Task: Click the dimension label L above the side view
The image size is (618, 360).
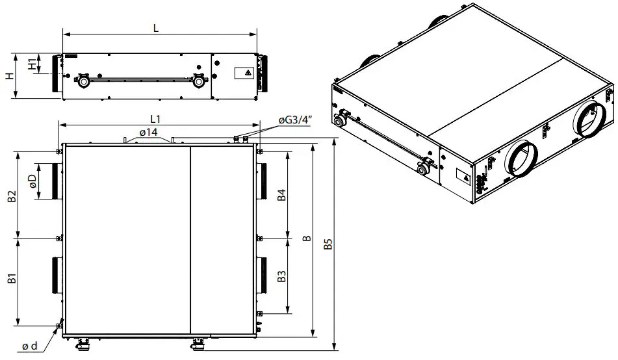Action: [x=156, y=29]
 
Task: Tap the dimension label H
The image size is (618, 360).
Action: [x=8, y=76]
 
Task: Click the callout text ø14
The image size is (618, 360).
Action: [x=148, y=133]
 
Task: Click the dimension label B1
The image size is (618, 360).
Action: [x=11, y=280]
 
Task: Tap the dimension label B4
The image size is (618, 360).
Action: [x=281, y=196]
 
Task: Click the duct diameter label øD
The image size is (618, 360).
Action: [x=32, y=182]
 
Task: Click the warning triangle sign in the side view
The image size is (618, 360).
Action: [x=248, y=73]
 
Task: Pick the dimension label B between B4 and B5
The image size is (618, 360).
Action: [x=305, y=238]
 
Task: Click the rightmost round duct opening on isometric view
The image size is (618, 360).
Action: [x=592, y=119]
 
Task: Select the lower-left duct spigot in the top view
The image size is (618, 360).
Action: [x=55, y=276]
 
